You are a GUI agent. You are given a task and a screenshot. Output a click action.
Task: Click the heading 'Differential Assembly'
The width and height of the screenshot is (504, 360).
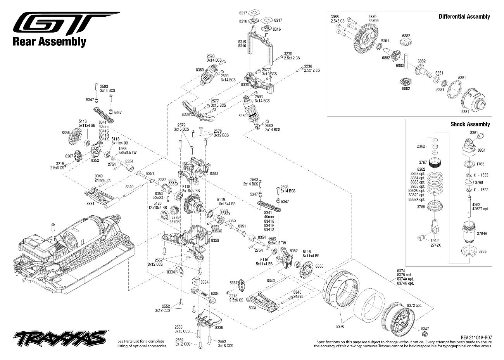[464, 17]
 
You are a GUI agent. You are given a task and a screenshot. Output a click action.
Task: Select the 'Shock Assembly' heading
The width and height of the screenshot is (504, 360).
[470, 124]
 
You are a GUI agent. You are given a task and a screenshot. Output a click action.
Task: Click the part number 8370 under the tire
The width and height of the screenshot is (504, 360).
[340, 327]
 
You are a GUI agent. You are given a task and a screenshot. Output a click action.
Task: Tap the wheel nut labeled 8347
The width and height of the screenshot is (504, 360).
[425, 334]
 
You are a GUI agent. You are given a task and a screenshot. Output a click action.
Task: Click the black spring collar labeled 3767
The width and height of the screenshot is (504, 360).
[435, 162]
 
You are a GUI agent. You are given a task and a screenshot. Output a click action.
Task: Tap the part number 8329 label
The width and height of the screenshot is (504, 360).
[215, 240]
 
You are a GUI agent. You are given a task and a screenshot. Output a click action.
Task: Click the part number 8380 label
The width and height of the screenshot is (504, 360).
[214, 173]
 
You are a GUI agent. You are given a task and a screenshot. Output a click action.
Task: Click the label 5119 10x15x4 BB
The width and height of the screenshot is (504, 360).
[226, 202]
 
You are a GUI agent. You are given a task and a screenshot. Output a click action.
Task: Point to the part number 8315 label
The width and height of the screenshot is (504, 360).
[242, 42]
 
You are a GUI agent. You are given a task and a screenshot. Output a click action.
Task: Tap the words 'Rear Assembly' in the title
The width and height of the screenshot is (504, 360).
[50, 42]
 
